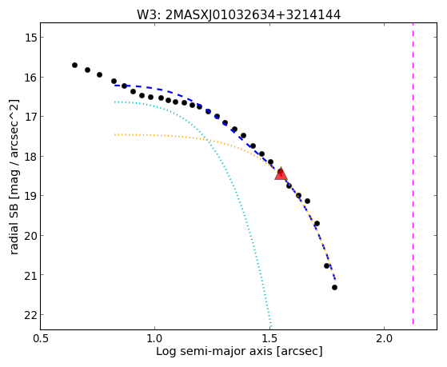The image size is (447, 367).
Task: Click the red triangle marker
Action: click(x=281, y=174)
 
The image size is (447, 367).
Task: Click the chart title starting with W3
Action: click(x=238, y=14)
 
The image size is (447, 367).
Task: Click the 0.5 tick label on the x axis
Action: click(x=41, y=338)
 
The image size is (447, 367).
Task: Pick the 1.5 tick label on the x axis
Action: click(x=269, y=338)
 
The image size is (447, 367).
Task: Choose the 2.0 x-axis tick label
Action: click(x=385, y=338)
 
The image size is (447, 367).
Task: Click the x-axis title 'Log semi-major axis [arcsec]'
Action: click(x=239, y=351)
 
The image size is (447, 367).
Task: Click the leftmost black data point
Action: click(x=74, y=65)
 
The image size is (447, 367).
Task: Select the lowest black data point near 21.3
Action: click(x=335, y=287)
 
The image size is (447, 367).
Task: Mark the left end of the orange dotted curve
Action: click(x=114, y=134)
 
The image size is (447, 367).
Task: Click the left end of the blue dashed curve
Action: click(x=114, y=86)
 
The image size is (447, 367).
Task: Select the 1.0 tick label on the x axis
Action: click(x=155, y=338)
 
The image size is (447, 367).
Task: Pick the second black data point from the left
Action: click(x=87, y=70)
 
